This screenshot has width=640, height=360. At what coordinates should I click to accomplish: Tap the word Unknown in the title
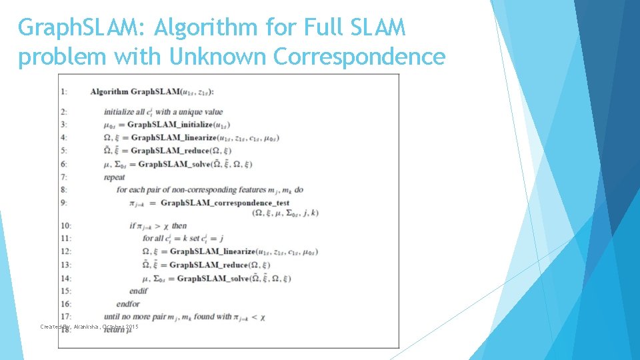218,57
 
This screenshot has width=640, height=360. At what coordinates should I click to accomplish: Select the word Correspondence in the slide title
359,57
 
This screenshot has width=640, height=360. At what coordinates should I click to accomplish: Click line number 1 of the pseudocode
63,91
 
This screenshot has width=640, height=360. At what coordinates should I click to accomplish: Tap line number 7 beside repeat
63,177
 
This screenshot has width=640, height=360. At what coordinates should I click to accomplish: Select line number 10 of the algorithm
65,225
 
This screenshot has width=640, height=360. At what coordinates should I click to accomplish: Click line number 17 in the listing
65,317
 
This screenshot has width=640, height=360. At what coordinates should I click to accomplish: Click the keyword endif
138,291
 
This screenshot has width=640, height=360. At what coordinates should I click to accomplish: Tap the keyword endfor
129,304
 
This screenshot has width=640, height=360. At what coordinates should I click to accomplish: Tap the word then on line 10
179,225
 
